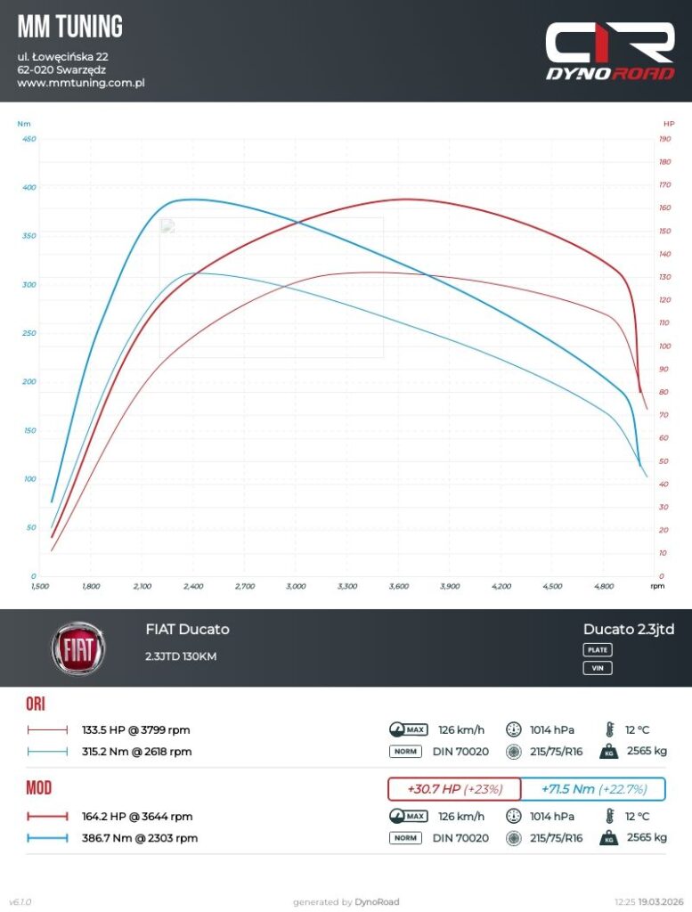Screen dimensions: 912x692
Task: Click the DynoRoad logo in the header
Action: point(610,52)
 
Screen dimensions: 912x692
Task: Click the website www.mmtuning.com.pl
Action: point(81,83)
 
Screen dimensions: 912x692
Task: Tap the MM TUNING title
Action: point(70,27)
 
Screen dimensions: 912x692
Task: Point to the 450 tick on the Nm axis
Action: point(29,139)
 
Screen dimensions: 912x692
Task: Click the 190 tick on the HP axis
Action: point(664,139)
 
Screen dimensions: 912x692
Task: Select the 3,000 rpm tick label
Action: point(296,587)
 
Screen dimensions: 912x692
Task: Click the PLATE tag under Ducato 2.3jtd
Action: point(598,650)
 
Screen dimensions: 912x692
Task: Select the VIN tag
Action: point(598,668)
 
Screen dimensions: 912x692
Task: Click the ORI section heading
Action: point(36,704)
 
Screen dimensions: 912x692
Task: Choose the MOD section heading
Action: point(38,788)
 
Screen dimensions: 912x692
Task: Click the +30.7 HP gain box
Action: point(454,789)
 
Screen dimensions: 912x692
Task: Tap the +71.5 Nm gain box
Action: point(592,789)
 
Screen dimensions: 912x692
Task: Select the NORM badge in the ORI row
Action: point(405,752)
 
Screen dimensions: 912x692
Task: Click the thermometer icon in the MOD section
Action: point(610,816)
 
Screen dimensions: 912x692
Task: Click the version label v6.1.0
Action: point(20,902)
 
